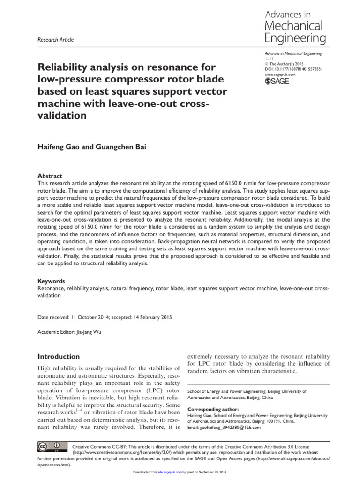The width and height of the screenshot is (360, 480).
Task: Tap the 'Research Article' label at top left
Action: tap(55, 40)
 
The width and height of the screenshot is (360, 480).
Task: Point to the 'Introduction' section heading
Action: tap(59, 356)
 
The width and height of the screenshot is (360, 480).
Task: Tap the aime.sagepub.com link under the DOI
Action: tap(280, 74)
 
